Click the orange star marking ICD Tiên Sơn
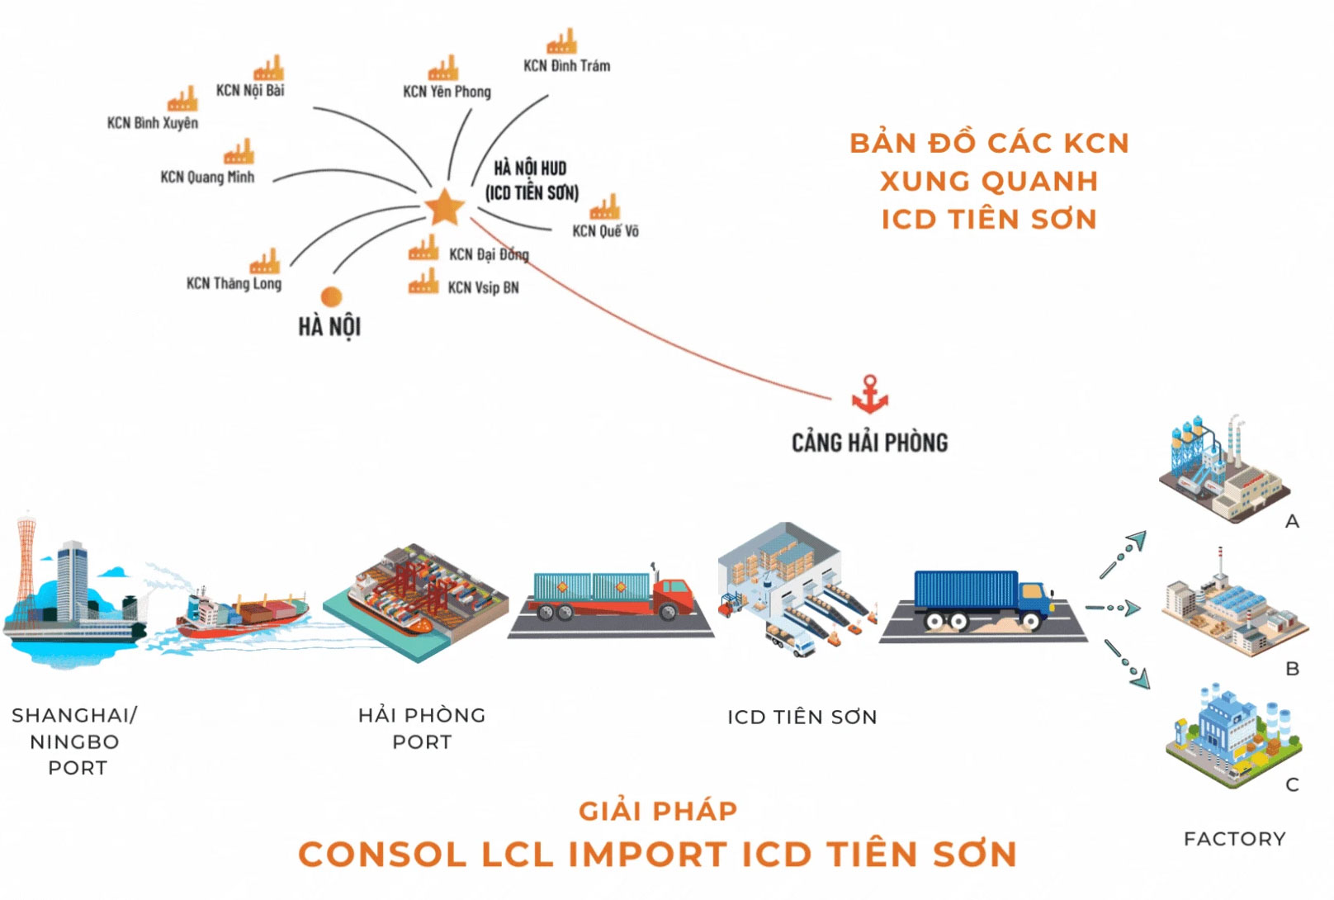coord(444,207)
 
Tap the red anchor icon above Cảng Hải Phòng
coord(869,395)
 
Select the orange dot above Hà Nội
coord(331,296)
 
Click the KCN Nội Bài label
coord(250,90)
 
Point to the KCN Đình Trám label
coord(566,66)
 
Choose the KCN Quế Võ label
coord(605,231)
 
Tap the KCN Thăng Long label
coord(234,283)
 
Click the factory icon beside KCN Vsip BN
coord(423,282)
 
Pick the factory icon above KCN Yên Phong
coord(443,69)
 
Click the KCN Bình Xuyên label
coord(153,123)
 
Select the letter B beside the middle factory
coord(1293,669)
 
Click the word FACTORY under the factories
coord(1234,839)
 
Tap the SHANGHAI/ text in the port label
coord(74,715)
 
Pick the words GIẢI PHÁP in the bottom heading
coord(658,811)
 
